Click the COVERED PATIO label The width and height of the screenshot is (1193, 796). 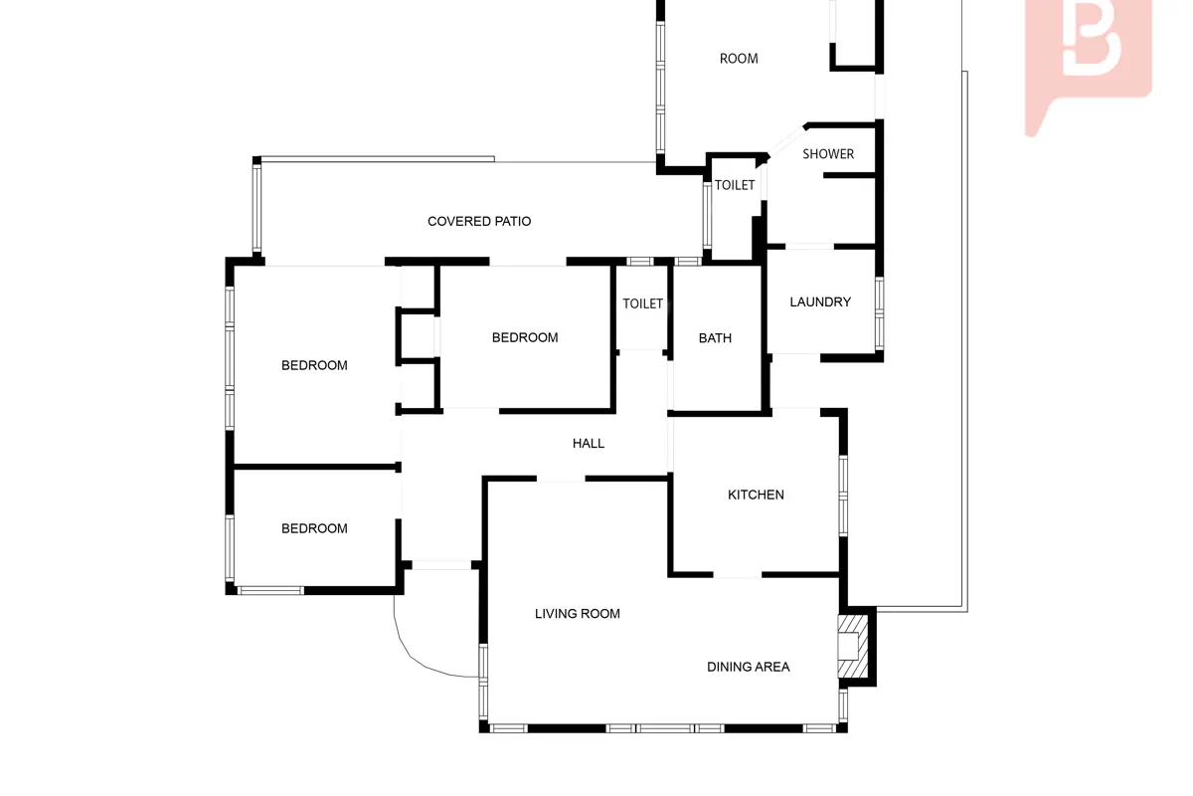(479, 221)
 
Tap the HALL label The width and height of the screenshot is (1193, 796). (588, 443)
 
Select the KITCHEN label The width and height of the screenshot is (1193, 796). (756, 495)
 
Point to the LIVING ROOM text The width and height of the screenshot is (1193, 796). (577, 614)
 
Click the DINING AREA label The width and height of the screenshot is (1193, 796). (748, 667)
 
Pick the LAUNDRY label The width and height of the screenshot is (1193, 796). (819, 302)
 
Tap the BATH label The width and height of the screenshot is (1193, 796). (715, 338)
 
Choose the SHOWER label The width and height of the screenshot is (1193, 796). (827, 154)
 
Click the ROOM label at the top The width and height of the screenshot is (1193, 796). (738, 59)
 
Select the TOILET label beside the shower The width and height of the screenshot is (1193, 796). (735, 185)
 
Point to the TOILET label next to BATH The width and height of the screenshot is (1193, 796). (642, 303)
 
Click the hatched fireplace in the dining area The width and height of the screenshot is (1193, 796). (853, 647)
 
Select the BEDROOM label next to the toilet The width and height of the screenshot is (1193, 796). (525, 337)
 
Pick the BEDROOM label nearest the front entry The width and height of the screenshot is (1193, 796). (314, 528)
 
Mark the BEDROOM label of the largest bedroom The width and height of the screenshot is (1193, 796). (314, 365)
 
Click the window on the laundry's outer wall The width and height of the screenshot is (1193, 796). (879, 314)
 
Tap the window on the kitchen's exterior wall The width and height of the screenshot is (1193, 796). (843, 496)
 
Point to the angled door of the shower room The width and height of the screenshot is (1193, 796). (786, 140)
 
